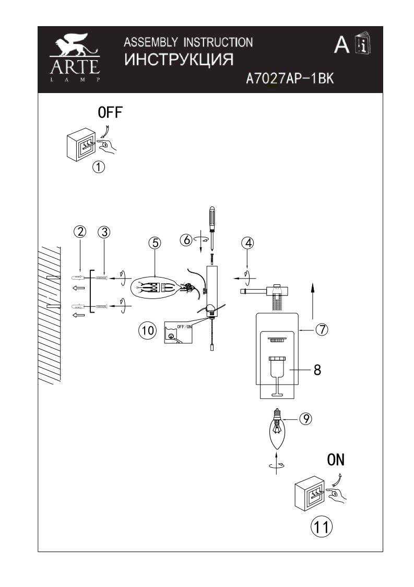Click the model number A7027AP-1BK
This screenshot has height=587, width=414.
pos(289,78)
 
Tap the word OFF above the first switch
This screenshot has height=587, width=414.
pos(111,112)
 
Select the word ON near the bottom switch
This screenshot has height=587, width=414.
pos(336,459)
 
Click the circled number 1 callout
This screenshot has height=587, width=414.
pos(99,167)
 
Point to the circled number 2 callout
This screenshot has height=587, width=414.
pos(79,232)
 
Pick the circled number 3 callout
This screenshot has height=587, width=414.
pos(104,232)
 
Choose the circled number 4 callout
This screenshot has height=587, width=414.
pos(247,243)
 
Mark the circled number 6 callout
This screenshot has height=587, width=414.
pos(186,240)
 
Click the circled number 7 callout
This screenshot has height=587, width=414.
pos(322,330)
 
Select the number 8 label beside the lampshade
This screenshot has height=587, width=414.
pos(317,370)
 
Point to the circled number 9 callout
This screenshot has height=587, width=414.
pos(306,418)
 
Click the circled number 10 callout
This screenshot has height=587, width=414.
pos(148,330)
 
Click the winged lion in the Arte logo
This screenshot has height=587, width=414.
pos(75,47)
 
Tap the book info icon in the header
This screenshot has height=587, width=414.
pos(362,45)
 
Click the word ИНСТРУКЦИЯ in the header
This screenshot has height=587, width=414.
pos(179,59)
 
